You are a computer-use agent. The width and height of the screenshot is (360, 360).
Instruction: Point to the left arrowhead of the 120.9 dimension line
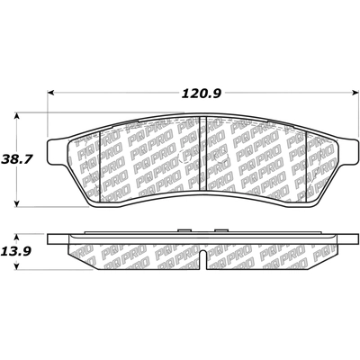click(x=51, y=91)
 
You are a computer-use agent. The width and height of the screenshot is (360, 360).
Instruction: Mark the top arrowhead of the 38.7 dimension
click(x=18, y=116)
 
